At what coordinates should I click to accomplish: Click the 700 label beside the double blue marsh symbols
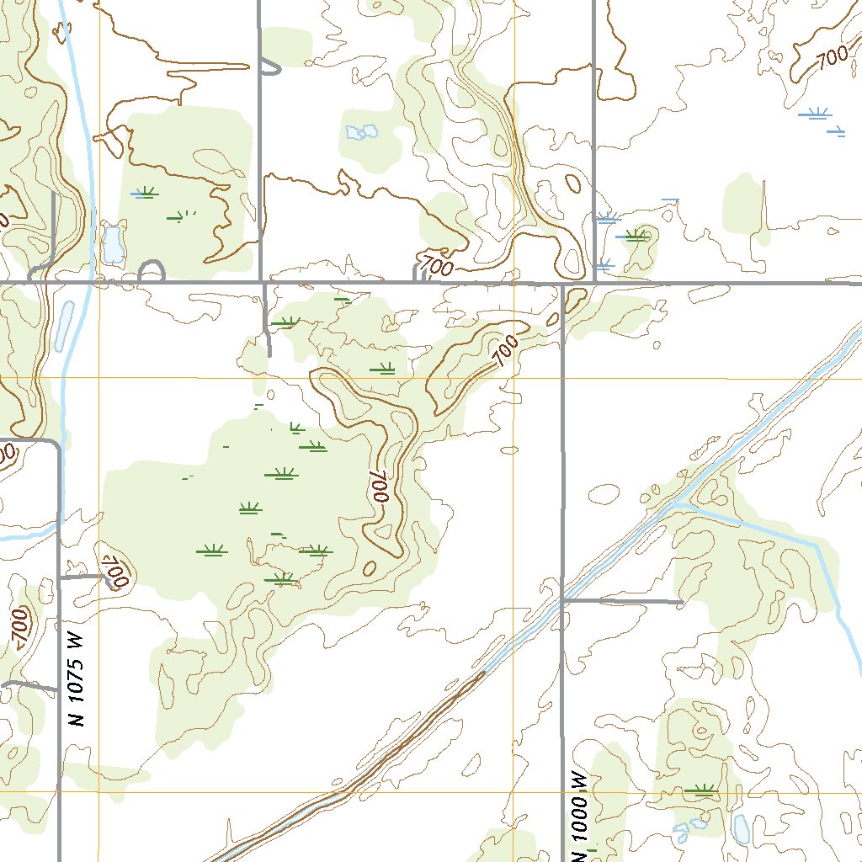831,58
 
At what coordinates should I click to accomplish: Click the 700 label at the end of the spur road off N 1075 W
113,572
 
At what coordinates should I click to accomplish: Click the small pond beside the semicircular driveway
111,244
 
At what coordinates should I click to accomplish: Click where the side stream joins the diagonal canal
678,503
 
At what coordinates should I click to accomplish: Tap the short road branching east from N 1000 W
623,601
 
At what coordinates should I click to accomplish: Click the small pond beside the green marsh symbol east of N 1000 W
741,828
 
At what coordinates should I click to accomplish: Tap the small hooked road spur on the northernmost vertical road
269,67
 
